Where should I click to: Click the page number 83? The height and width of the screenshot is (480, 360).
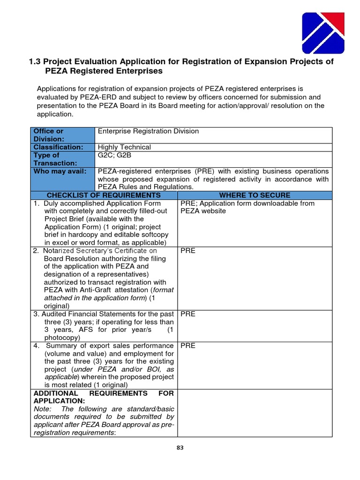click(x=180, y=448)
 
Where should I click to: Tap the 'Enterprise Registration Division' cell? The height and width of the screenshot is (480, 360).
click(x=148, y=131)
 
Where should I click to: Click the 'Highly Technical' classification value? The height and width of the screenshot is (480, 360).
click(x=124, y=147)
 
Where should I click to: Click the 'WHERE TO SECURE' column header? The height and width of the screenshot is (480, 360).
click(x=255, y=195)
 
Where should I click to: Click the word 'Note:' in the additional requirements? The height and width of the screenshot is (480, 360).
click(x=42, y=408)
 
